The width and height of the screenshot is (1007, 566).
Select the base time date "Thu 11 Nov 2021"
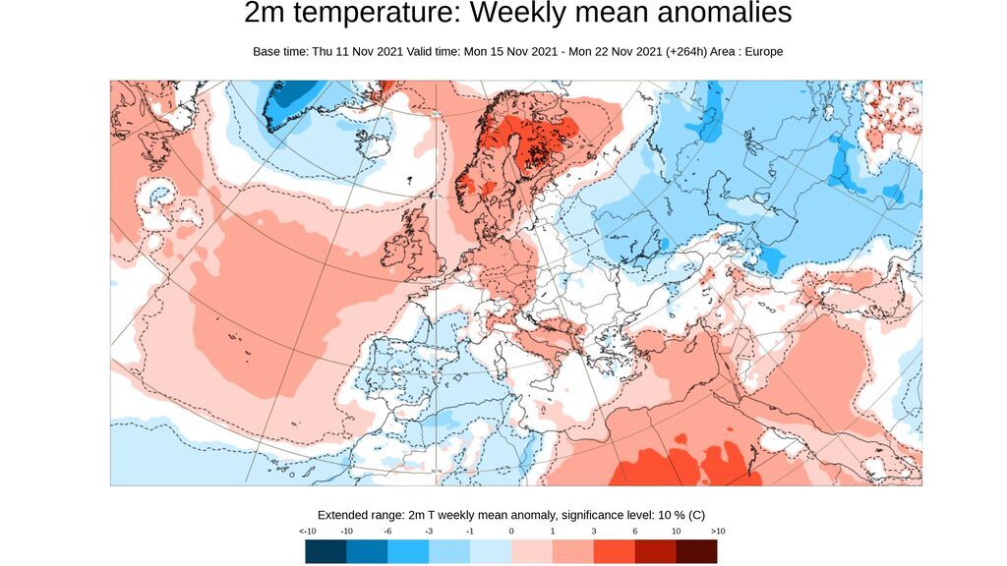[360, 51]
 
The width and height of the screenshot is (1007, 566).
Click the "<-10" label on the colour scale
[307, 531]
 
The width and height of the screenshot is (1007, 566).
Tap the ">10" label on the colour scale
[717, 531]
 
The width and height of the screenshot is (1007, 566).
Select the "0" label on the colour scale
[511, 531]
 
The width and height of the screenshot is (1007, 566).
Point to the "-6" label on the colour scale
[387, 531]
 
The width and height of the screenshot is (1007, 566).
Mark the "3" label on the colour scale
[594, 531]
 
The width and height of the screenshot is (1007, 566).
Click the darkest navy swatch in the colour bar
[326, 551]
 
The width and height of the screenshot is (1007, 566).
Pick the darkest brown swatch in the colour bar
[696, 551]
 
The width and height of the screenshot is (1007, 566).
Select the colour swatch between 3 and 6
[614, 551]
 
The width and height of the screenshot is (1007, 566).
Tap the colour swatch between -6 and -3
[408, 551]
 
